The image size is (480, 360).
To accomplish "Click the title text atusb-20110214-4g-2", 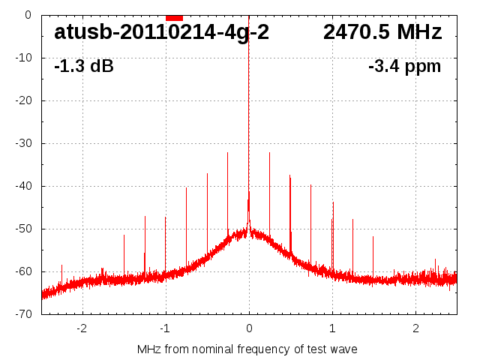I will [161, 33].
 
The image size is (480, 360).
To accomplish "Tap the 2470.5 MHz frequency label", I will [382, 33].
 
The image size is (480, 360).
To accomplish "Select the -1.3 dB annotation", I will [84, 67].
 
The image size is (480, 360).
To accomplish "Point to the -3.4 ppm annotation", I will [405, 67].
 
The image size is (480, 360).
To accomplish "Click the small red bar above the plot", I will [174, 17].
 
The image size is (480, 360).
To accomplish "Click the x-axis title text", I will [247, 349].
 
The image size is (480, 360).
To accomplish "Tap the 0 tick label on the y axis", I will [27, 15].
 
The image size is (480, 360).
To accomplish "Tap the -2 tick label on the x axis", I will [82, 328].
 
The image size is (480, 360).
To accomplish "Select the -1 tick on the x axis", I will [165, 328].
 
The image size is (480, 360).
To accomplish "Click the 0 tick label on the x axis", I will [249, 328].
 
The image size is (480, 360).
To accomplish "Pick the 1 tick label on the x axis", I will [332, 328].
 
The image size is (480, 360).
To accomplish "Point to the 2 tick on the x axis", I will [415, 328].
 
